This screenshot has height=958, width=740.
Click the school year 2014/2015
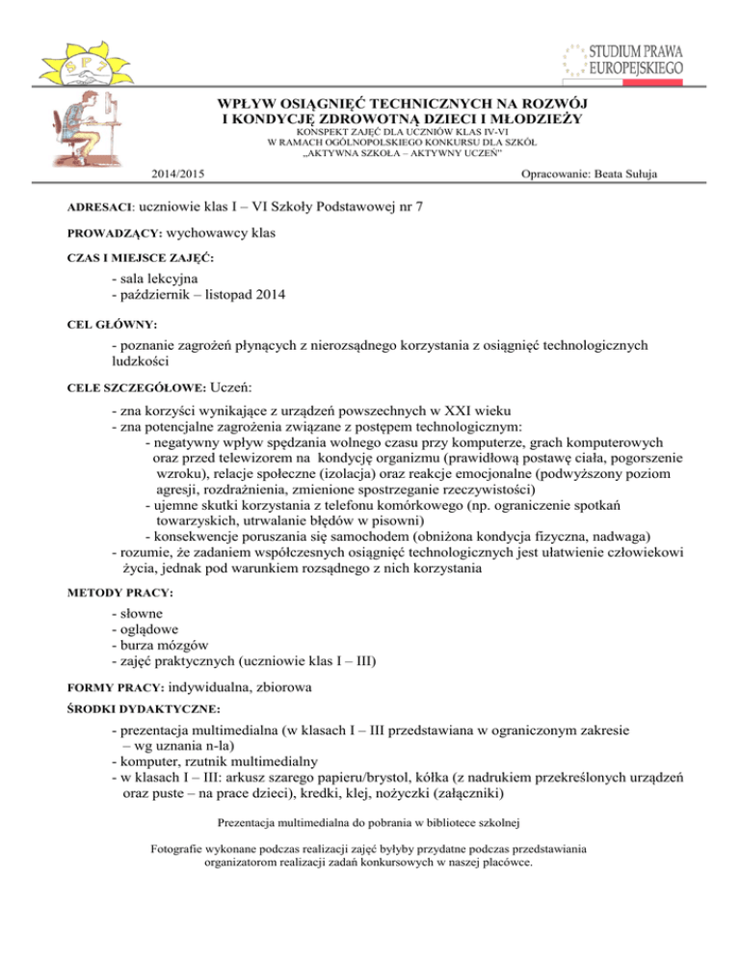coord(178,173)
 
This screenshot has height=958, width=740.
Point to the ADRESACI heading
coord(79,207)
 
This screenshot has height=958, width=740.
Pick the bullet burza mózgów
coord(159,644)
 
